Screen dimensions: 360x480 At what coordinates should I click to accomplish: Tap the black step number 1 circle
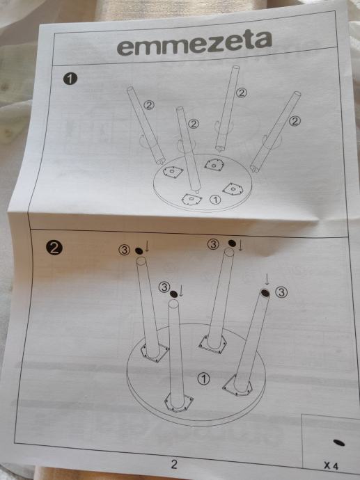pos(70,79)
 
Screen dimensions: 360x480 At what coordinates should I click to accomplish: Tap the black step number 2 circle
pos(54,248)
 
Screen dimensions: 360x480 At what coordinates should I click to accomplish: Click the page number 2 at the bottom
pos(174,464)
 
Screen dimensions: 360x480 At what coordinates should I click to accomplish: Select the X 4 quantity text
pos(331,466)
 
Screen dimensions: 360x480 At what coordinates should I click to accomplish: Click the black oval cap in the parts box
pos(338,442)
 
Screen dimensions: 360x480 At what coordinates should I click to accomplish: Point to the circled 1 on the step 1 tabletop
pos(215,200)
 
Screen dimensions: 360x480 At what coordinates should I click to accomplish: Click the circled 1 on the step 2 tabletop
pos(204,378)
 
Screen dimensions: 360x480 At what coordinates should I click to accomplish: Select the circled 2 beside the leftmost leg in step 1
pos(149,105)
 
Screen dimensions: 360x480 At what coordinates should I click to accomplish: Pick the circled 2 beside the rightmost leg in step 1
pos(295,121)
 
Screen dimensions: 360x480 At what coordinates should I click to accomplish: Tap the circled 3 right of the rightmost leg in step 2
pos(281,292)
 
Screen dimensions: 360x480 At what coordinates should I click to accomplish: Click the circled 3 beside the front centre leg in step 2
pos(164,287)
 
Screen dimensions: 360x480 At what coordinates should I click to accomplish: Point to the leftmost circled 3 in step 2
pos(124,250)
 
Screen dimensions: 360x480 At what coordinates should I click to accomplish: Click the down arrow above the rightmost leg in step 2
pos(267,279)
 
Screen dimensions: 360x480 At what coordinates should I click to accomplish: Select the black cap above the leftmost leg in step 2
pos(139,251)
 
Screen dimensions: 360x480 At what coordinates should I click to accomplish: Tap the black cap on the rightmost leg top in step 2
pos(265,294)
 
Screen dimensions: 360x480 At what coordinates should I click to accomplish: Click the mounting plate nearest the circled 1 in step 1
pos(191,199)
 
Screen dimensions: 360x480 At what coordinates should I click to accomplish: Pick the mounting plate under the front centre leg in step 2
pos(179,403)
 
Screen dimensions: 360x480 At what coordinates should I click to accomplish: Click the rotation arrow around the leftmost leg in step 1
pos(146,143)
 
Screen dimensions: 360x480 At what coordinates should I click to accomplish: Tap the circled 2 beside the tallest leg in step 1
pos(242,93)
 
